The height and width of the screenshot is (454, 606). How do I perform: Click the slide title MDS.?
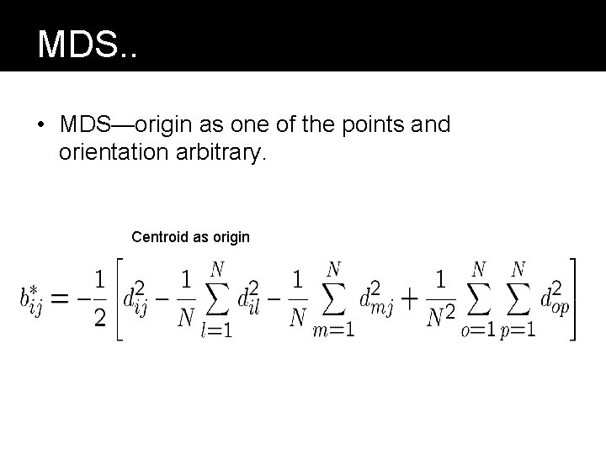pyautogui.click(x=87, y=44)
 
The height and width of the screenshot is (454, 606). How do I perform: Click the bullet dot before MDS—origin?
pyautogui.click(x=40, y=125)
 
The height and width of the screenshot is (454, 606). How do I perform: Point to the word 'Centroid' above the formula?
pyautogui.click(x=161, y=237)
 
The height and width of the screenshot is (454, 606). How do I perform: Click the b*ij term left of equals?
pyautogui.click(x=31, y=299)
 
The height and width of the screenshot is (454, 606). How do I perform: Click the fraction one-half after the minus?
pyautogui.click(x=99, y=299)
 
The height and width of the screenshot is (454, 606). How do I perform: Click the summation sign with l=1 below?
pyautogui.click(x=217, y=300)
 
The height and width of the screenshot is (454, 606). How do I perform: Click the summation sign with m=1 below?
pyautogui.click(x=334, y=300)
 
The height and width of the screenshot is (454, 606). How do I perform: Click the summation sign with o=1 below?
pyautogui.click(x=479, y=300)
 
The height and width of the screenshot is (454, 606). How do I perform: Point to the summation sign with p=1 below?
pyautogui.click(x=518, y=300)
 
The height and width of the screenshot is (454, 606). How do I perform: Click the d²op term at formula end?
pyautogui.click(x=555, y=299)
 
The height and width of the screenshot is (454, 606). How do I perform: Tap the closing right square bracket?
pyautogui.click(x=575, y=299)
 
